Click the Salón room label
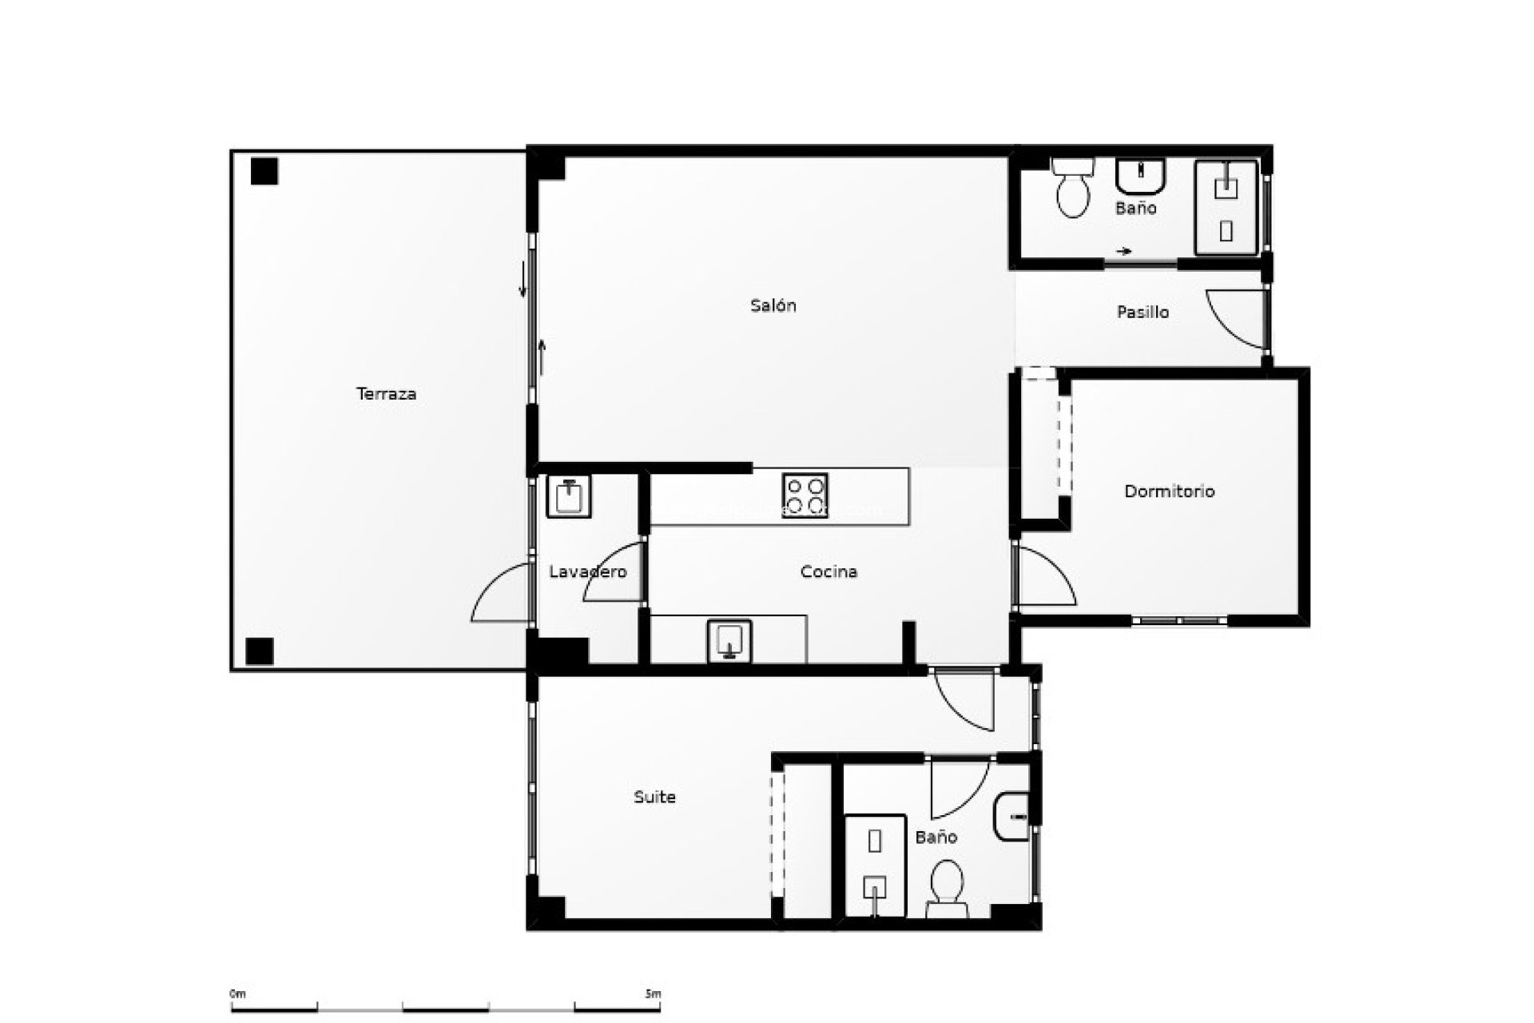(773, 305)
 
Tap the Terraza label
(386, 394)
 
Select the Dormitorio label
(1169, 492)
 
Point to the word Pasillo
(1143, 312)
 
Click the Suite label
(654, 797)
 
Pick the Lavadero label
(588, 572)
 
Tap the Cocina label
(829, 572)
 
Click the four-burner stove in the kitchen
(805, 496)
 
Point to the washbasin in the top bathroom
(1142, 177)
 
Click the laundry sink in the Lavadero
(569, 497)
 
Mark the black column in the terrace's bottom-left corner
(260, 651)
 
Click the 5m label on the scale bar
(652, 994)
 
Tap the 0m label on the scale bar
(237, 994)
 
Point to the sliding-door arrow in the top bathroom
(1124, 251)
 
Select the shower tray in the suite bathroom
(875, 865)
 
